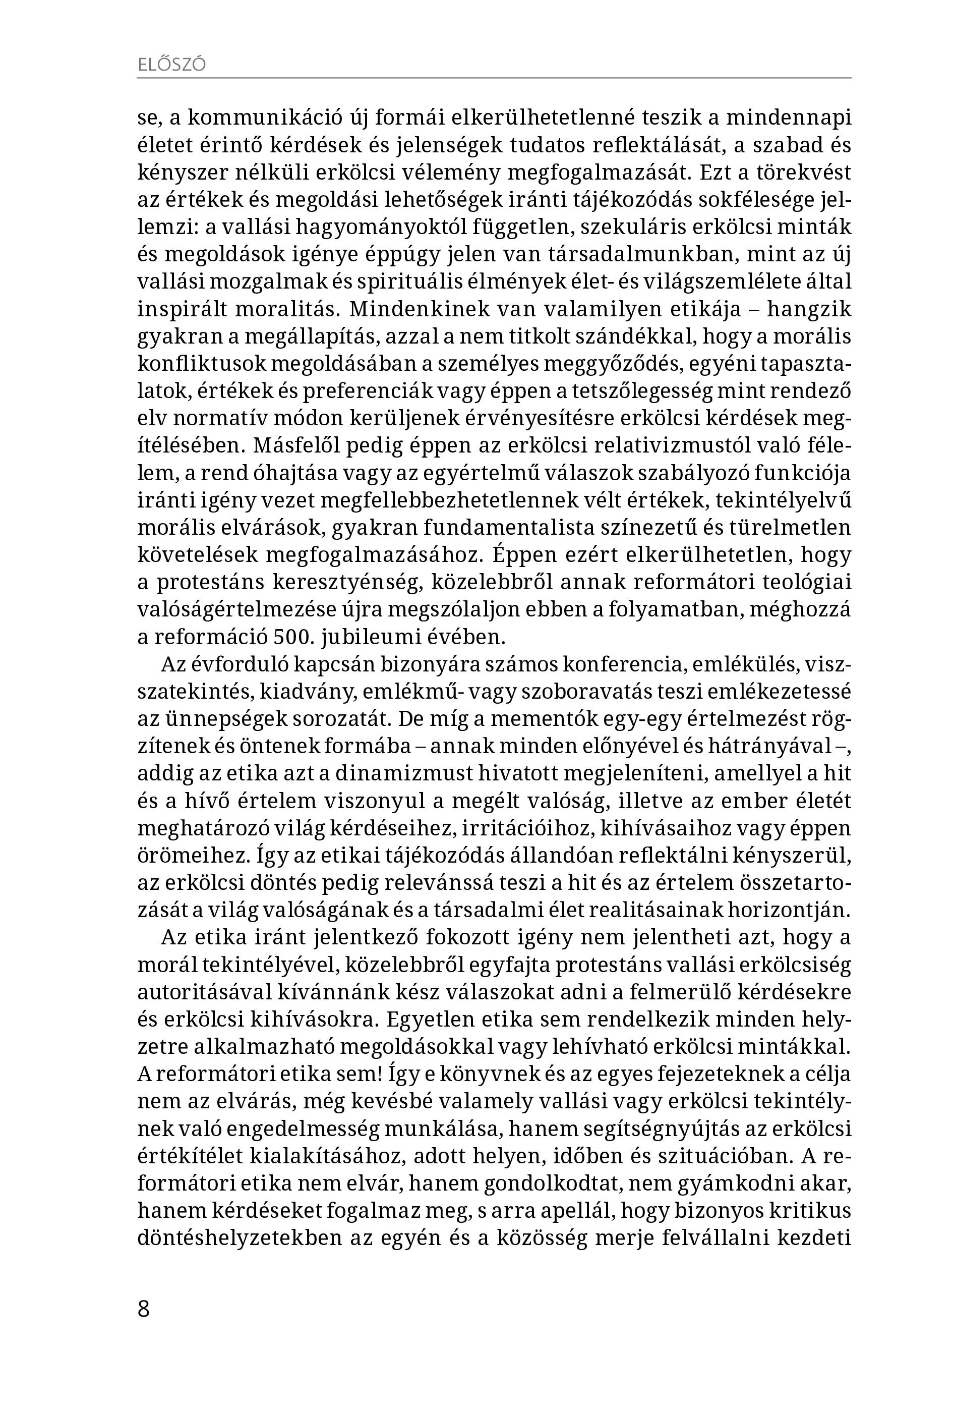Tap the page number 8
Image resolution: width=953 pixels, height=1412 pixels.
pyautogui.click(x=143, y=1308)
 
